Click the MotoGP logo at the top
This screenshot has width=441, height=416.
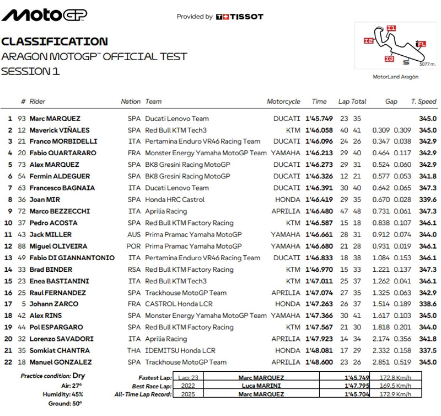coord(44,15)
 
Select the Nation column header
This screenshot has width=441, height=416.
coord(131,102)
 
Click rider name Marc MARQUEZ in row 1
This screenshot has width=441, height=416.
coord(55,118)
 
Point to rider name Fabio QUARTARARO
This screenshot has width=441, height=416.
coord(62,153)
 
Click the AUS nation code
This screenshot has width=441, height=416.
coord(134,235)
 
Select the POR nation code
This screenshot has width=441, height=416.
coord(134,246)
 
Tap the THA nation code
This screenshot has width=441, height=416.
coord(134,351)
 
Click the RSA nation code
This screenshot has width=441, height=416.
coord(134,270)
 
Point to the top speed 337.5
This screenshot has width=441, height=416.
coord(428,351)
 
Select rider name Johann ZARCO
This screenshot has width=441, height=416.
coord(53,304)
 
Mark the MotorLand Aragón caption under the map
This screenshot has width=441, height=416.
coord(396,77)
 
